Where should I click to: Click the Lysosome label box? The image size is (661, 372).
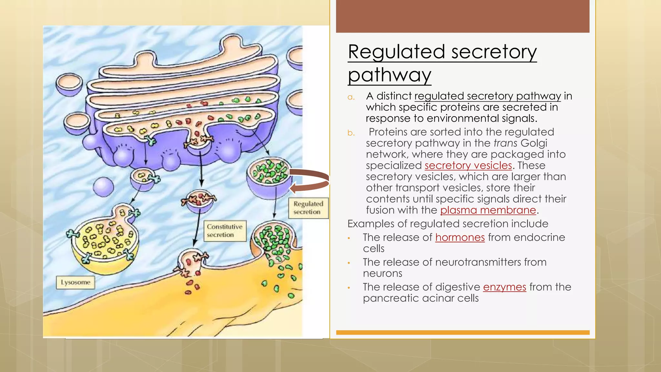tap(76, 282)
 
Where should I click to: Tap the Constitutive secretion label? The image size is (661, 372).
tap(225, 231)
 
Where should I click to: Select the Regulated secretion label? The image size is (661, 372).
tap(308, 208)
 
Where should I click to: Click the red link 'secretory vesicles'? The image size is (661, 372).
tap(468, 166)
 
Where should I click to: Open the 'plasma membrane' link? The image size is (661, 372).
tap(488, 210)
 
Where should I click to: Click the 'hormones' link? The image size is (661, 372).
tap(460, 237)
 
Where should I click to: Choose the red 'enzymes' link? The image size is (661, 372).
tap(504, 287)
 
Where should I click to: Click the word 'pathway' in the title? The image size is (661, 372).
tap(390, 75)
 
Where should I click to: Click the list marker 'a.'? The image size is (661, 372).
tap(351, 97)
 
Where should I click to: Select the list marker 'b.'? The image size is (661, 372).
tap(351, 133)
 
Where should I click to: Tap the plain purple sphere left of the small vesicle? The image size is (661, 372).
tap(103, 187)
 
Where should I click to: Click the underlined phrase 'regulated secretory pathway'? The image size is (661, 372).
tap(488, 96)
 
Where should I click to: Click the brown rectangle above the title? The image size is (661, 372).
tap(463, 16)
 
